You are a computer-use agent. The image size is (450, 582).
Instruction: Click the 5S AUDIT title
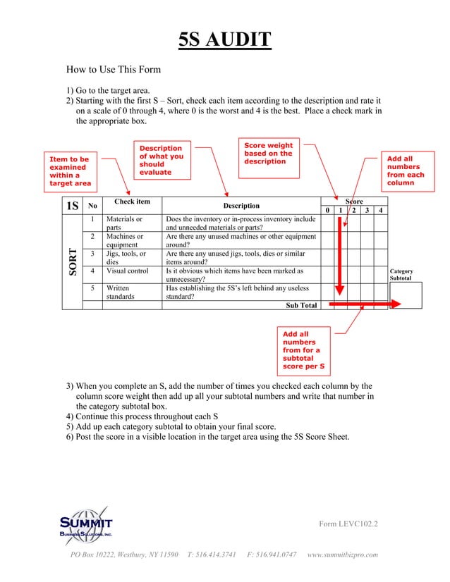224,39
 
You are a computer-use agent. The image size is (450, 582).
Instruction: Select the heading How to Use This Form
114,70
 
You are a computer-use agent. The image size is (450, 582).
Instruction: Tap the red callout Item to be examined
70,171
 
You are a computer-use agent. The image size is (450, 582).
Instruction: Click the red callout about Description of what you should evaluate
161,160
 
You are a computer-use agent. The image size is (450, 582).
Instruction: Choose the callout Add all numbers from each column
406,171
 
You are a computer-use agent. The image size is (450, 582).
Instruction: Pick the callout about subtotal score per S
303,350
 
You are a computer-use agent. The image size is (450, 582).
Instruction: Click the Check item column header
132,202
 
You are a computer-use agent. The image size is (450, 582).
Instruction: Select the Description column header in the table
241,206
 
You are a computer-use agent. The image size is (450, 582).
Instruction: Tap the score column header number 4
380,210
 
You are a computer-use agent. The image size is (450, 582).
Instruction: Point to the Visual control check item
128,271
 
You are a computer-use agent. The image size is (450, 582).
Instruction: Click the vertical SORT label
71,262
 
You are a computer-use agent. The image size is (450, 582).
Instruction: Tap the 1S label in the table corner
72,206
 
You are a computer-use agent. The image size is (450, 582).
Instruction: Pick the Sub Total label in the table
301,305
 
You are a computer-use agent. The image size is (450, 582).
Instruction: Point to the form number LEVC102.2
348,524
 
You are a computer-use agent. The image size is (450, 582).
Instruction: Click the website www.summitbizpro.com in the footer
343,555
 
